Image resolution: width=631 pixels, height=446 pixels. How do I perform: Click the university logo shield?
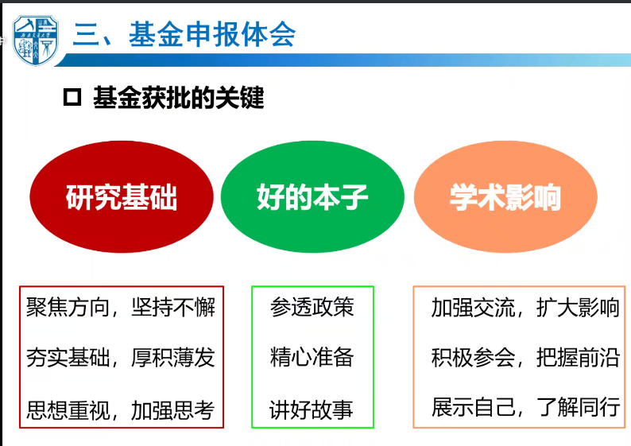coord(36,41)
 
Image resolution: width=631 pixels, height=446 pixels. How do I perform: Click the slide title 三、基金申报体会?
coord(184,35)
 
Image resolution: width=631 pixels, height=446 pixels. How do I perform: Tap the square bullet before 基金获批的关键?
coord(72,97)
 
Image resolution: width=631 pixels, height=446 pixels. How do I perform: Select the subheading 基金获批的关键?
coord(178,98)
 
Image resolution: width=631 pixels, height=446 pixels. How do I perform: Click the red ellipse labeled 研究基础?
coord(122,197)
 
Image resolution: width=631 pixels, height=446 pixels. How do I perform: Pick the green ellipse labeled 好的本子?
coord(312,197)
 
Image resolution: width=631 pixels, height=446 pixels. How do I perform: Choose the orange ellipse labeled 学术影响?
coord(505,197)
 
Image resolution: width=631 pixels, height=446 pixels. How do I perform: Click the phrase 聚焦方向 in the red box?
coord(68,308)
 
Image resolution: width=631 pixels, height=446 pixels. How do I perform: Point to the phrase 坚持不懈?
coord(173,308)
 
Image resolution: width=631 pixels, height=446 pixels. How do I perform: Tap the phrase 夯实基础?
coord(68,358)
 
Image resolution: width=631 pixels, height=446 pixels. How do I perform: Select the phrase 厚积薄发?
coord(173,358)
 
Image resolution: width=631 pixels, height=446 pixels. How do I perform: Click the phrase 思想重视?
coord(68,410)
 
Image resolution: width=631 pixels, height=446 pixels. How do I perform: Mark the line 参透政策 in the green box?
coord(312,307)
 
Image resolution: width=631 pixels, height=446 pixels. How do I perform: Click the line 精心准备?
coord(312,357)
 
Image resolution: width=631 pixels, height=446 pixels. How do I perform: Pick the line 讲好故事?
coord(312,409)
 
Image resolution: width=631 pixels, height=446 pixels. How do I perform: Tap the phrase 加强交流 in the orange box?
coord(473,308)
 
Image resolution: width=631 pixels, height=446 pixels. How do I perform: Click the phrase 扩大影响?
coord(578,308)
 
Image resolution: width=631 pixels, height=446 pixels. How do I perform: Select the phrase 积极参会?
coord(473,358)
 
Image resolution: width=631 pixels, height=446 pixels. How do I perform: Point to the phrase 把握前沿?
coord(578,358)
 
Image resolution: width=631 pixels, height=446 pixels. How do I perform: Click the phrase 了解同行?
coord(578,407)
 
